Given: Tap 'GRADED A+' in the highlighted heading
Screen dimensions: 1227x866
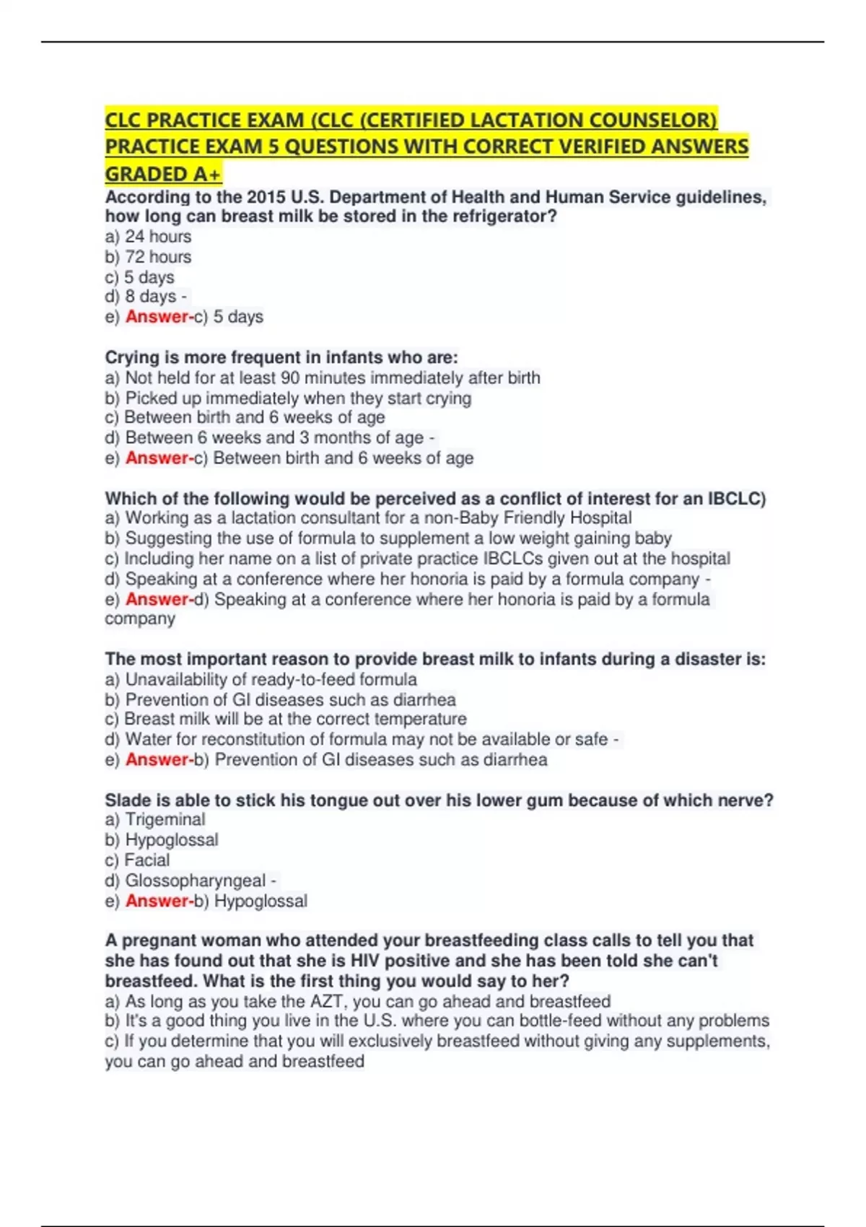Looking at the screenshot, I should (163, 175).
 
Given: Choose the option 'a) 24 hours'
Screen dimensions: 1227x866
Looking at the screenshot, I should (149, 237).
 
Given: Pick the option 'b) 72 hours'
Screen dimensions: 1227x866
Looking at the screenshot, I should (149, 257).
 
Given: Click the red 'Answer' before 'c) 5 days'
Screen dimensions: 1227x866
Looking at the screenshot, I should (157, 317).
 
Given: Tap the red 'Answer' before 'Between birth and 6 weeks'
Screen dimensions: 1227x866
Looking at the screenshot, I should (157, 458).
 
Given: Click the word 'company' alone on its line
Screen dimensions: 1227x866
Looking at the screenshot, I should (140, 619).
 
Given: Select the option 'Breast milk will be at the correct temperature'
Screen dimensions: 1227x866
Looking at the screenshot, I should (287, 720).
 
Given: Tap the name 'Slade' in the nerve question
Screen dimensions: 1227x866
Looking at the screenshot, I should (128, 800).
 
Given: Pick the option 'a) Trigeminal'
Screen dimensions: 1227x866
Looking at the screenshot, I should (155, 820).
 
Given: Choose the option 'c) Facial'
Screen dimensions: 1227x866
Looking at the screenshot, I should (138, 860).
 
